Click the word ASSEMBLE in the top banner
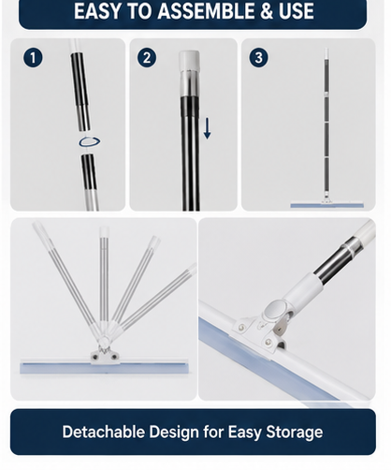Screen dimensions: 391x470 207,11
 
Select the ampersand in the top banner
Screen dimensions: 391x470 267,11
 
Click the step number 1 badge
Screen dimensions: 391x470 33,58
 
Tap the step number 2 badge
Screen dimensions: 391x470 147,58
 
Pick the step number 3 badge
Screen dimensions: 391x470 258,58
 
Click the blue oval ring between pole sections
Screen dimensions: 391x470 90,142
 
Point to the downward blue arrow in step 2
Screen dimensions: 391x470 208,128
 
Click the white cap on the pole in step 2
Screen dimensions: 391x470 189,61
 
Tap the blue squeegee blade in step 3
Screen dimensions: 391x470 327,205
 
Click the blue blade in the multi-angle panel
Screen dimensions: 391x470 104,368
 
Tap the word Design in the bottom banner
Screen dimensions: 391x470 174,433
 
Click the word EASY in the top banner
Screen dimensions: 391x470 97,11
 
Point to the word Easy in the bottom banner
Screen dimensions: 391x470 244,433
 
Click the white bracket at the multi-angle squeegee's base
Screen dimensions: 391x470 104,357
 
